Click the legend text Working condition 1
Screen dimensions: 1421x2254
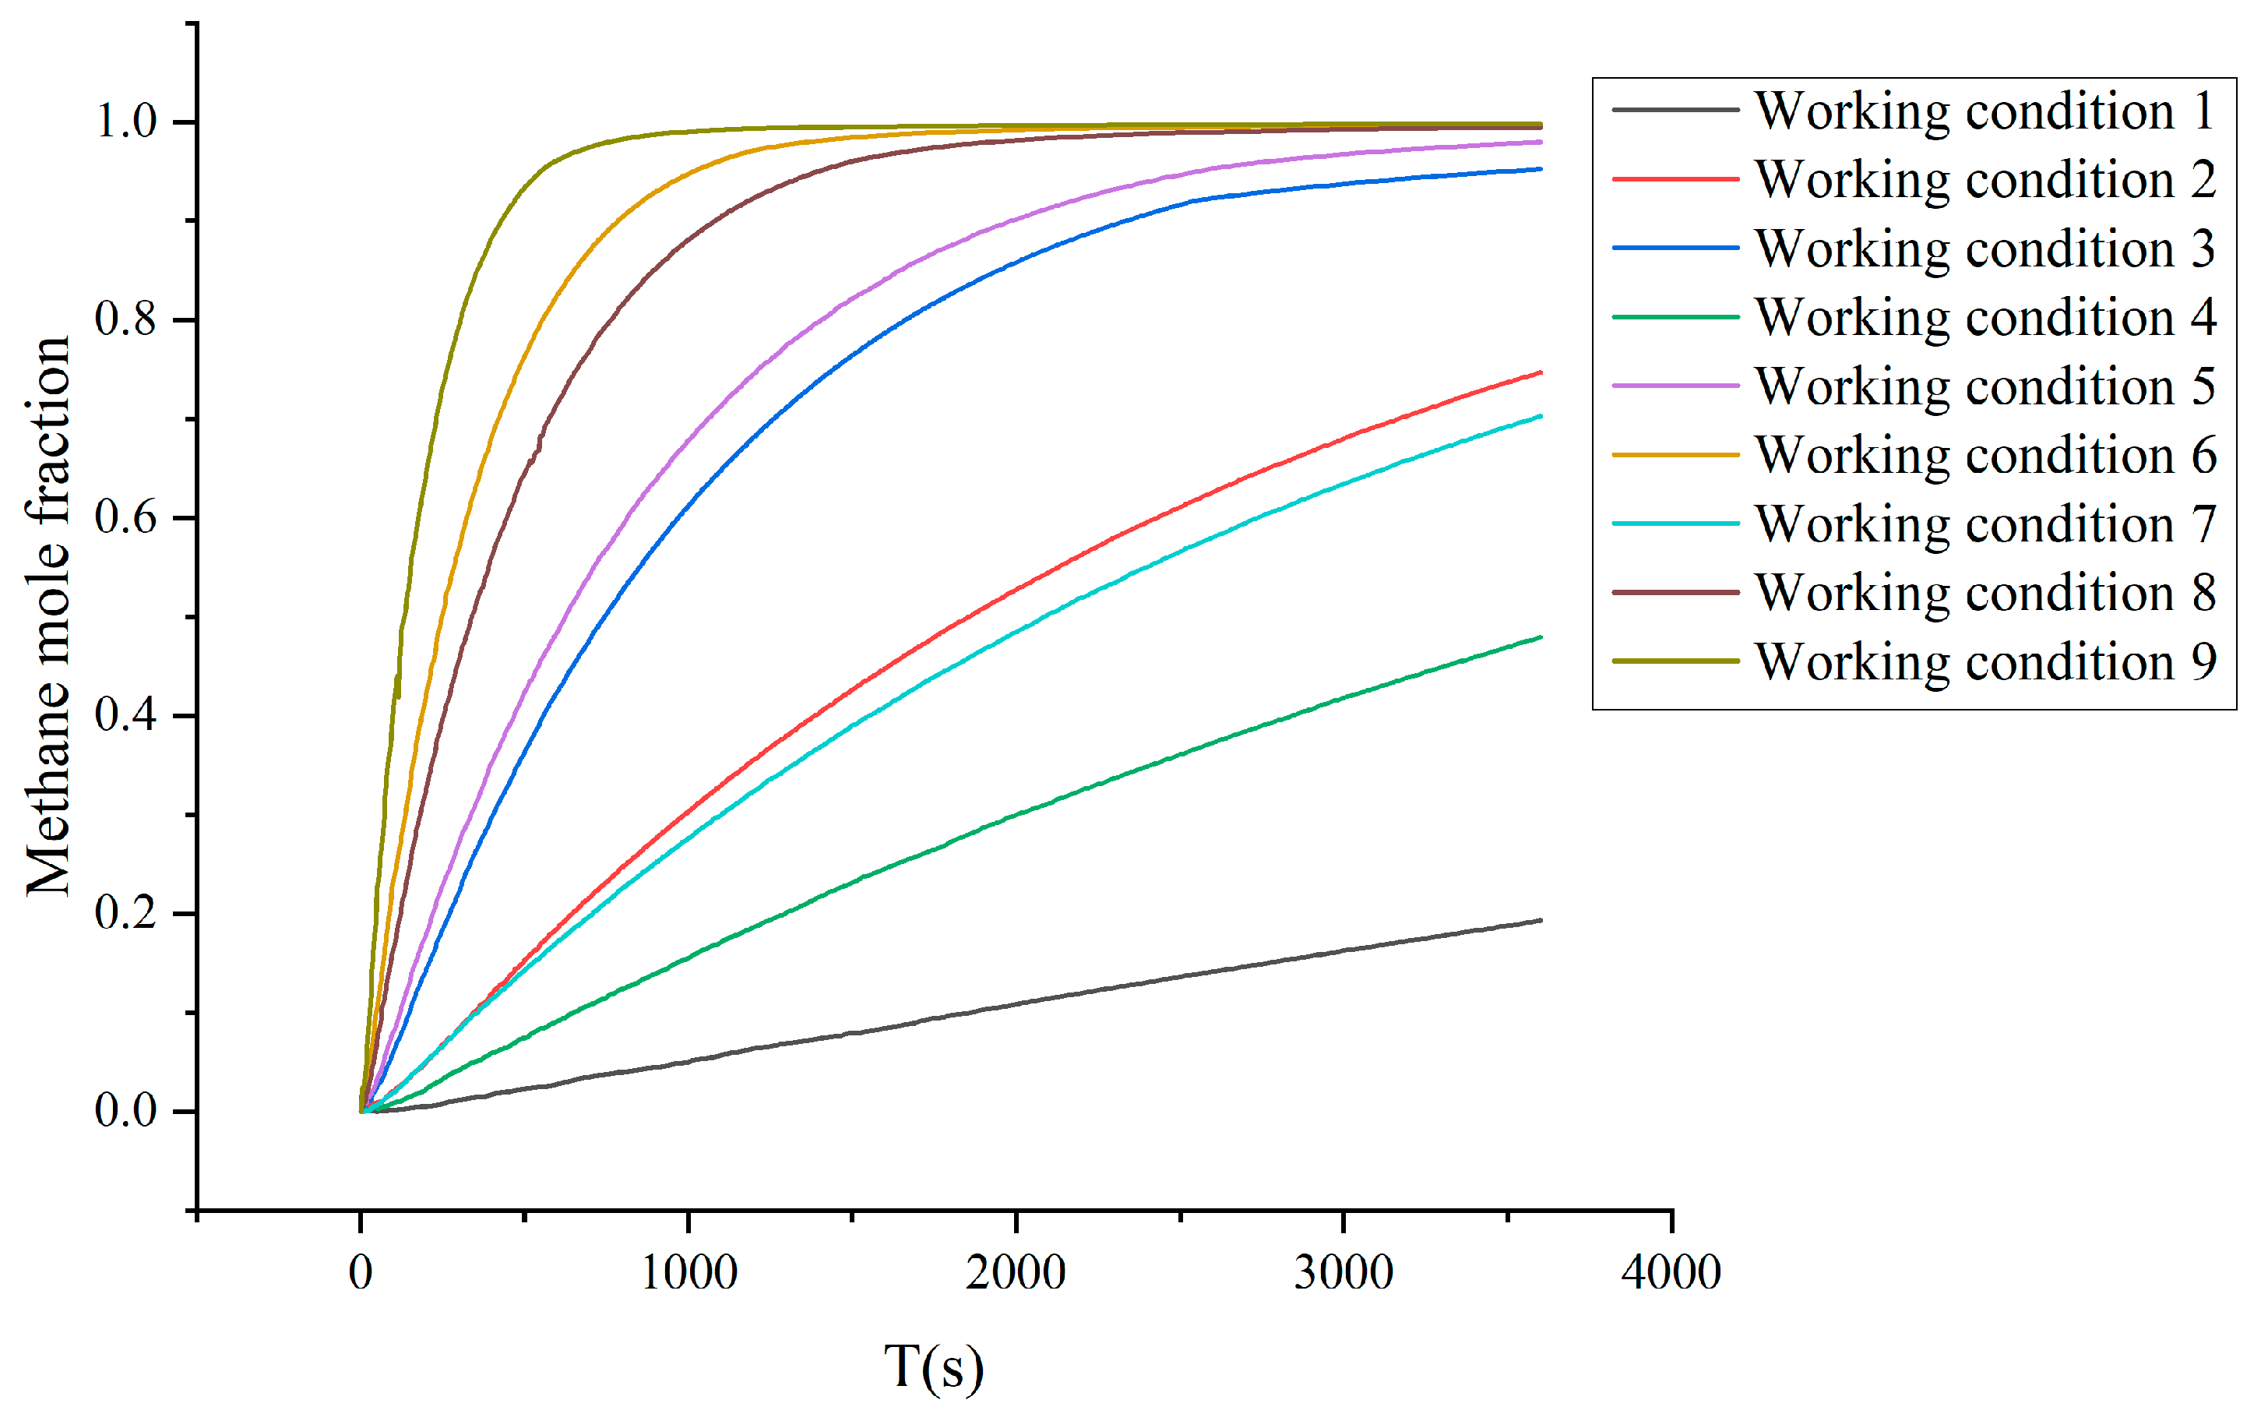tap(1985, 111)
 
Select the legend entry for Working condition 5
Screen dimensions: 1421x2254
tap(1985, 386)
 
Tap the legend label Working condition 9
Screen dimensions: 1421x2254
tap(1985, 661)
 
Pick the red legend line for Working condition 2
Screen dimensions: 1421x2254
tap(1675, 179)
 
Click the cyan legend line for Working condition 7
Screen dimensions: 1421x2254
tap(1675, 524)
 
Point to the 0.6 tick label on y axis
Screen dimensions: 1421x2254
tap(125, 517)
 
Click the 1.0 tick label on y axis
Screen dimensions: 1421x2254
tap(125, 122)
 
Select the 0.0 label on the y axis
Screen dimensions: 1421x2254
tap(125, 1111)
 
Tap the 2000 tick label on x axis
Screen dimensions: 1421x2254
tap(1016, 1274)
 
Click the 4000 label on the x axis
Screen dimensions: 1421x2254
tap(1671, 1274)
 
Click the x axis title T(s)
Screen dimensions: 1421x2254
tap(934, 1366)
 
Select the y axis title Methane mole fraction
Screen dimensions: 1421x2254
tap(48, 616)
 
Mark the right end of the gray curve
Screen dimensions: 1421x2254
tap(1540, 920)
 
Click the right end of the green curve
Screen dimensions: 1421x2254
tap(1540, 637)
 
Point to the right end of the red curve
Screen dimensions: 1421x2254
tap(1540, 372)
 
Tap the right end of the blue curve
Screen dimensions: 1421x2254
tap(1540, 169)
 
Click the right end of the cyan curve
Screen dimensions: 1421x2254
tap(1540, 416)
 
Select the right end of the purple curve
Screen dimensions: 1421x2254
tap(1540, 143)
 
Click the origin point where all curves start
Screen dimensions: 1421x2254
tap(361, 1111)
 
